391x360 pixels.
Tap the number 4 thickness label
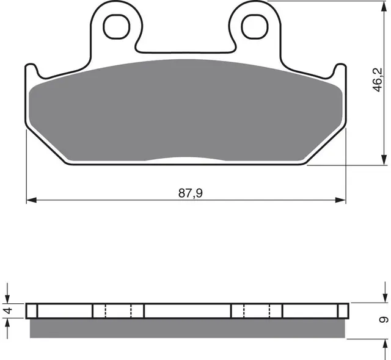coord(8,311)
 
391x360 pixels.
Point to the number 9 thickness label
coord(382,319)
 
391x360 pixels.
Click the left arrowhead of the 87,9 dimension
coord(31,200)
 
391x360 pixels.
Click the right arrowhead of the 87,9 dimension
coord(342,200)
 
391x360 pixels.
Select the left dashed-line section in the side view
coord(119,311)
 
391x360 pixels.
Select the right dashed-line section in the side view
coord(257,311)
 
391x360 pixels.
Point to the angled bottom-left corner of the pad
coord(49,146)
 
